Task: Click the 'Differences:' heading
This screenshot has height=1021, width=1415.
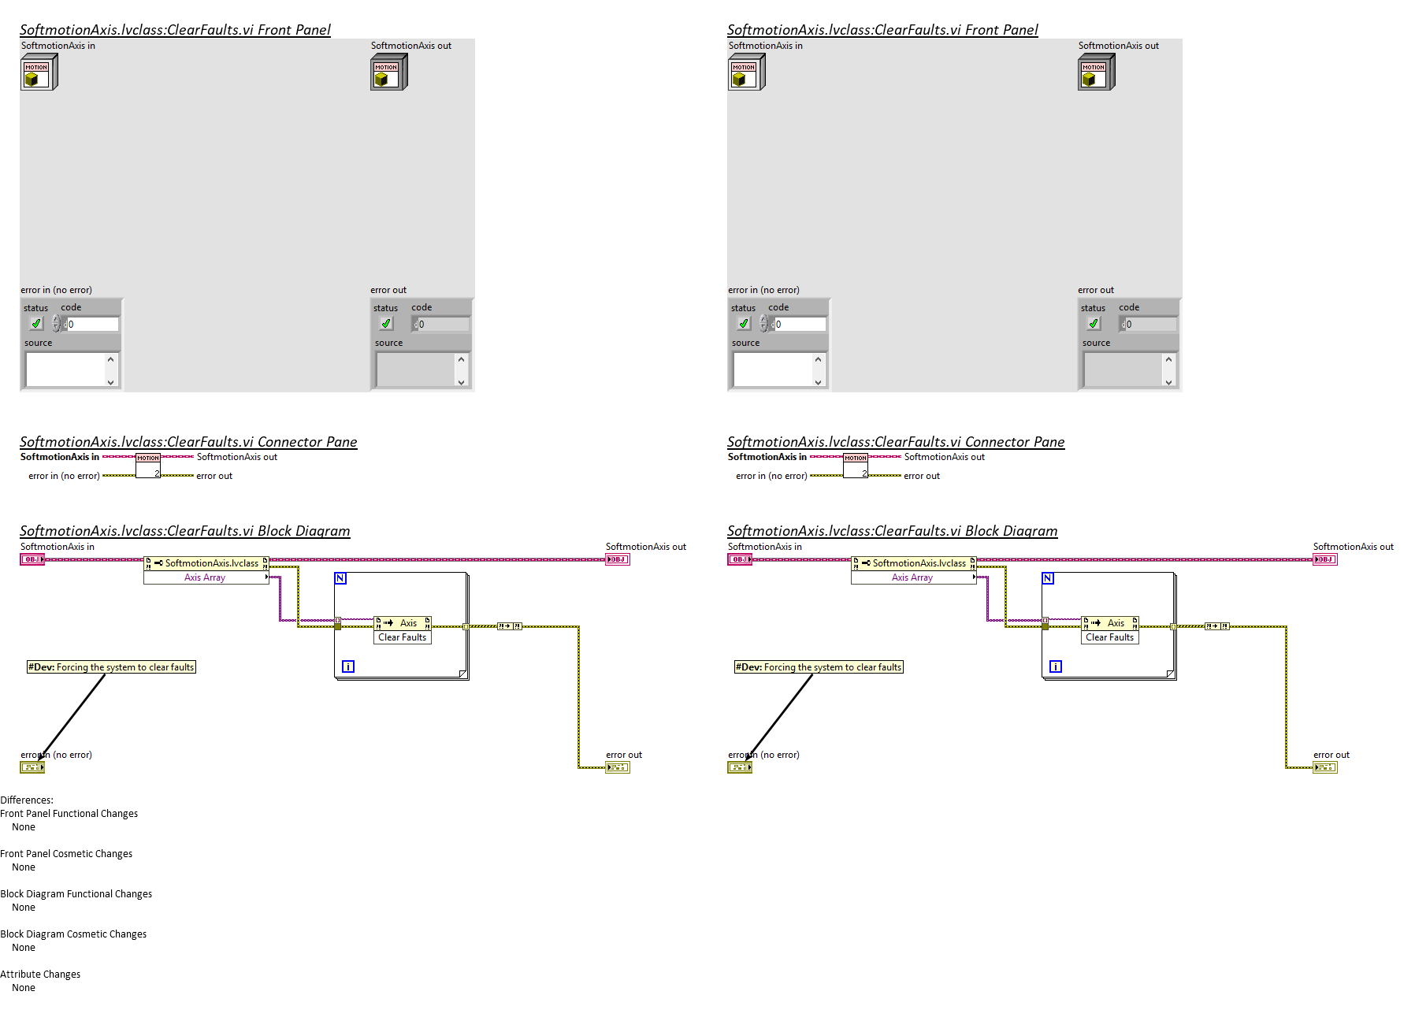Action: [27, 800]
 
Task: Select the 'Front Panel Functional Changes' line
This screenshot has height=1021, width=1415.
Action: [69, 813]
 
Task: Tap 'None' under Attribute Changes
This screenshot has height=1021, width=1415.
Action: [24, 987]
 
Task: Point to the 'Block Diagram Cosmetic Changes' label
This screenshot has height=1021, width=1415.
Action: [73, 934]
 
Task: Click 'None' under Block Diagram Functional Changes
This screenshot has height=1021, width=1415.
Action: [24, 907]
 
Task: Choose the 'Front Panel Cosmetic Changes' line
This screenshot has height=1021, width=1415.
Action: [66, 853]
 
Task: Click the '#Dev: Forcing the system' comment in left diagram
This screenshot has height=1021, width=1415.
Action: [111, 667]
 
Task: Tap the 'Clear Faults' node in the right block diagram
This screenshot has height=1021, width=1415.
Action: [1109, 637]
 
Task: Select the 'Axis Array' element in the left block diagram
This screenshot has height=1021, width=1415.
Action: [205, 577]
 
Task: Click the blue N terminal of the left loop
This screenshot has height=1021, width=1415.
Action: [340, 578]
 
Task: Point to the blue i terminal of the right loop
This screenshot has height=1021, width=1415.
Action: [1056, 666]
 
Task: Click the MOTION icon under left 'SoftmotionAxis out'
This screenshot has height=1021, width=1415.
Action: [388, 73]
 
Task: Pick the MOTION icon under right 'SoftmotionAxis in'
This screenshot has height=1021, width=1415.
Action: [745, 73]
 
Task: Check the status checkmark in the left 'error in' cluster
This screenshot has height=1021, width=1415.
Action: [36, 324]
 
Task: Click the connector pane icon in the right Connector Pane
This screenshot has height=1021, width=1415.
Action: [856, 466]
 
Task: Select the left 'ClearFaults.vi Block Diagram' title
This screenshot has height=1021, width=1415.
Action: [184, 531]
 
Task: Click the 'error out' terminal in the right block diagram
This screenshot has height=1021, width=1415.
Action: [1325, 767]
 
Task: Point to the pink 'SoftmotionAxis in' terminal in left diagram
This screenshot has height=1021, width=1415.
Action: [32, 559]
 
